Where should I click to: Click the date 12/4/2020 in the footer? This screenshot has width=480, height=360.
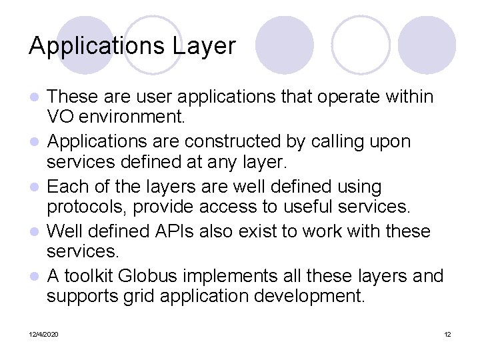pos(43,334)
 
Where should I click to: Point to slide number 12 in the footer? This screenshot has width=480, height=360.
pos(447,334)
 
